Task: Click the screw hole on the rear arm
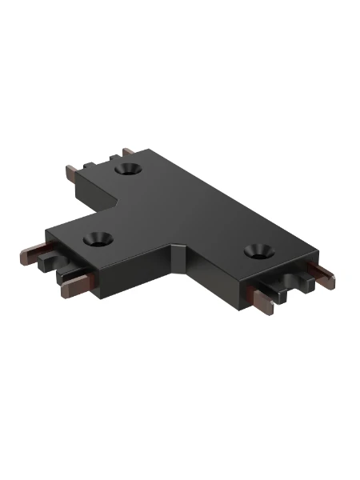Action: [x=129, y=170]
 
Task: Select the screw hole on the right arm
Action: [x=257, y=251]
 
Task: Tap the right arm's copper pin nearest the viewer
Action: [x=262, y=300]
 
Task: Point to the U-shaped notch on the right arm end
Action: [x=289, y=282]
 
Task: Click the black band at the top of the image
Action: [x=180, y=28]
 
